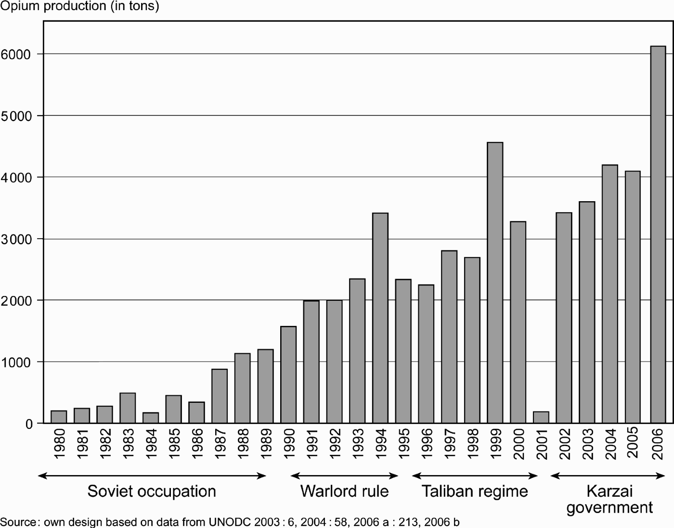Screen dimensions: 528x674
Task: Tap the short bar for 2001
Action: click(541, 417)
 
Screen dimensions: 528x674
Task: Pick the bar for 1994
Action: click(380, 318)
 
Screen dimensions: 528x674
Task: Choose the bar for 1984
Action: click(151, 418)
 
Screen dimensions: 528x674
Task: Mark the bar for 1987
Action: click(220, 396)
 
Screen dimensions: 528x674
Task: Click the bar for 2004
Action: click(610, 294)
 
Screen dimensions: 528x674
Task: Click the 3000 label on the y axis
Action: click(17, 239)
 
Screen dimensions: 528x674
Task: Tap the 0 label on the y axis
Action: click(29, 424)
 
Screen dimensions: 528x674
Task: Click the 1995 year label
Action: click(403, 443)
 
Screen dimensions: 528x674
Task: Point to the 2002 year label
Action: click(564, 443)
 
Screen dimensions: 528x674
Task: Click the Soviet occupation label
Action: click(152, 491)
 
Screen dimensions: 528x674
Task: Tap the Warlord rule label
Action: click(344, 491)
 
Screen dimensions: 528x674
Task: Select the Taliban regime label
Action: click(475, 491)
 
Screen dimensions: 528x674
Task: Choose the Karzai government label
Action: click(609, 499)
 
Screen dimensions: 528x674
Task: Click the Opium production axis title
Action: click(79, 6)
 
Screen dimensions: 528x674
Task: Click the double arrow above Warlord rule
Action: click(344, 476)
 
